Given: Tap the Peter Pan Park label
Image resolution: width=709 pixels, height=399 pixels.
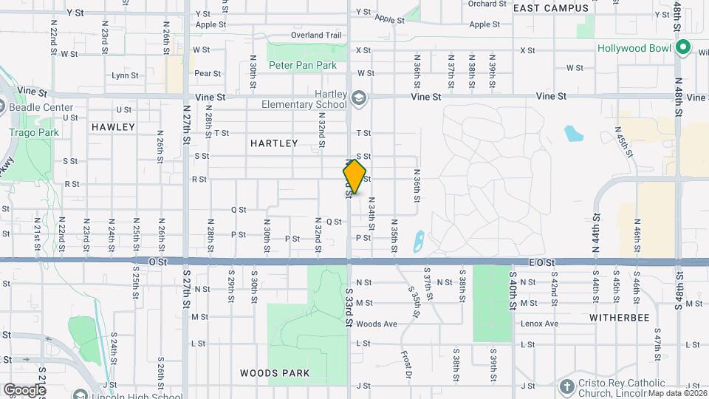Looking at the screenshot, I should pyautogui.click(x=303, y=65).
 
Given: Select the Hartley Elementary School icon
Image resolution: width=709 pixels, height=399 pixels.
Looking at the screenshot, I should pyautogui.click(x=358, y=98).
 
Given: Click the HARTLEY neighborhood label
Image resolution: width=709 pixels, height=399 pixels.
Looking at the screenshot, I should pyautogui.click(x=273, y=143).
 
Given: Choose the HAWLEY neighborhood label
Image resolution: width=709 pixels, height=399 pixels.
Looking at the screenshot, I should pyautogui.click(x=113, y=127).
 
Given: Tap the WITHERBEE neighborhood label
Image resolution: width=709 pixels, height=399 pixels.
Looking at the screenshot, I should pyautogui.click(x=619, y=317).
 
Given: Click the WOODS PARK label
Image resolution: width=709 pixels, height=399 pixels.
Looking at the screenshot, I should pyautogui.click(x=275, y=373).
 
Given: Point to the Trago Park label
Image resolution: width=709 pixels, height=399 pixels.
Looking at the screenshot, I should pyautogui.click(x=27, y=133).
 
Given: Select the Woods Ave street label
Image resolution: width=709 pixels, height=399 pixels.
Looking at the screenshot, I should pyautogui.click(x=376, y=324).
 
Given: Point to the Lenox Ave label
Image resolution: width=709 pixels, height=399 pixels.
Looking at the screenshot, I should pyautogui.click(x=538, y=324).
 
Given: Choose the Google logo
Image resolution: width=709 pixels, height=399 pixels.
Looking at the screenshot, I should pyautogui.click(x=24, y=389).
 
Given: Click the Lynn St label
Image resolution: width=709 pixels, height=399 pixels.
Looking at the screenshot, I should pyautogui.click(x=125, y=75).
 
